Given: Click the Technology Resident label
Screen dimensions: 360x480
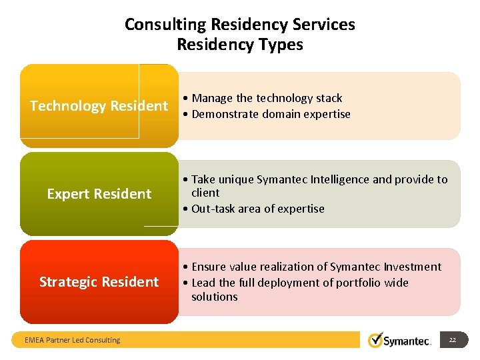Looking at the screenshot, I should coord(99,106).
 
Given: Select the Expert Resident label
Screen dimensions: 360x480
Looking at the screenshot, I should coord(99,194).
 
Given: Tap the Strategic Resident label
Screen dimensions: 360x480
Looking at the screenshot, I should coord(99,282).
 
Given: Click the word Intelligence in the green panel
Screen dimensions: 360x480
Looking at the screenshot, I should coord(339,179).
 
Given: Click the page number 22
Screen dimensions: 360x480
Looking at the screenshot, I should coord(453,340).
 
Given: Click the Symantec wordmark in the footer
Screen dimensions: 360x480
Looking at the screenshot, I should coord(407,341).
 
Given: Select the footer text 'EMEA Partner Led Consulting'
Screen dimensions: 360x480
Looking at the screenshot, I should coord(72,340).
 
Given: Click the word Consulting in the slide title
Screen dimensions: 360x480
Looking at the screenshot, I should coord(165,25).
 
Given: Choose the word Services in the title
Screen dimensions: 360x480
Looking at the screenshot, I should coord(325,25).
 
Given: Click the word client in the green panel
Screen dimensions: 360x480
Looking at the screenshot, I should coord(205,193).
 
